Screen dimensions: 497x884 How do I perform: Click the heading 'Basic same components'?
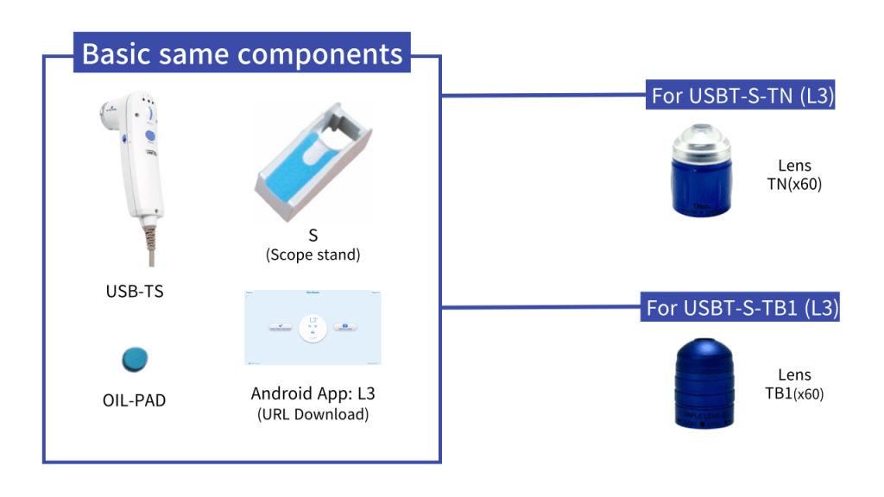[243, 54]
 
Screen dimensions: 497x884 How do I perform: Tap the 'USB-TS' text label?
[134, 291]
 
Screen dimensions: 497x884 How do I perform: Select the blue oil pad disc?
[135, 358]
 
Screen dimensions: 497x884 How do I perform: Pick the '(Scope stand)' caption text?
[313, 255]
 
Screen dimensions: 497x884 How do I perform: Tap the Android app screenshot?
[313, 328]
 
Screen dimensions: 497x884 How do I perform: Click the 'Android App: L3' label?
[313, 394]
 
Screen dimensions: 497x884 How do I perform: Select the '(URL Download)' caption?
[313, 414]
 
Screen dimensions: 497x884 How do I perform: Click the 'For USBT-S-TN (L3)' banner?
[742, 96]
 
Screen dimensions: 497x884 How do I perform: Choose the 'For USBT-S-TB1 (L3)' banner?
[742, 308]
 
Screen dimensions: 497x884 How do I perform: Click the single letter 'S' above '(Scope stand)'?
[313, 236]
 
